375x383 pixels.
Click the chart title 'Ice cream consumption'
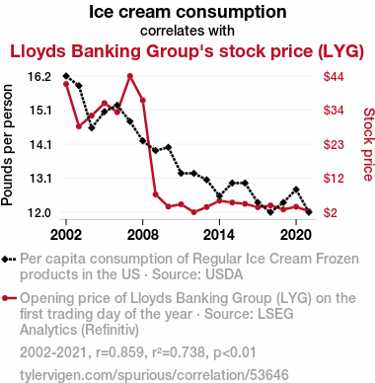tap(187, 12)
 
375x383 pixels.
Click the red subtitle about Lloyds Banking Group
tap(187, 51)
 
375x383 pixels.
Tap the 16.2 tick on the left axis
tap(39, 77)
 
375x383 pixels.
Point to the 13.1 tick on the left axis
tap(39, 179)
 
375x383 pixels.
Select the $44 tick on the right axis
tap(334, 77)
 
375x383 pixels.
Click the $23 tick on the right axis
tap(334, 144)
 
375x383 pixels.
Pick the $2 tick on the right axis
tap(330, 212)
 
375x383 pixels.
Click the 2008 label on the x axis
tap(142, 235)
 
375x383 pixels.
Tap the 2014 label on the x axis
tap(219, 235)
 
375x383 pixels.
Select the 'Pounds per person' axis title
tap(7, 145)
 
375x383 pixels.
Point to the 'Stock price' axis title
tap(369, 144)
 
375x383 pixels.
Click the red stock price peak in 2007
tap(130, 76)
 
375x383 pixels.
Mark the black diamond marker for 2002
tap(66, 76)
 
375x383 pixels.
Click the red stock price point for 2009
tap(156, 194)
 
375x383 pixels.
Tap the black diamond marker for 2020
tap(296, 190)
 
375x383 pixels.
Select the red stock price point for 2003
tap(79, 126)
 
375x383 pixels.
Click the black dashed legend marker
tap(9, 260)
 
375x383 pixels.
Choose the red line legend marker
tap(9, 298)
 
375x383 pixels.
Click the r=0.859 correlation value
tap(120, 352)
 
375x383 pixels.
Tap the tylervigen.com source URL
tap(154, 375)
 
